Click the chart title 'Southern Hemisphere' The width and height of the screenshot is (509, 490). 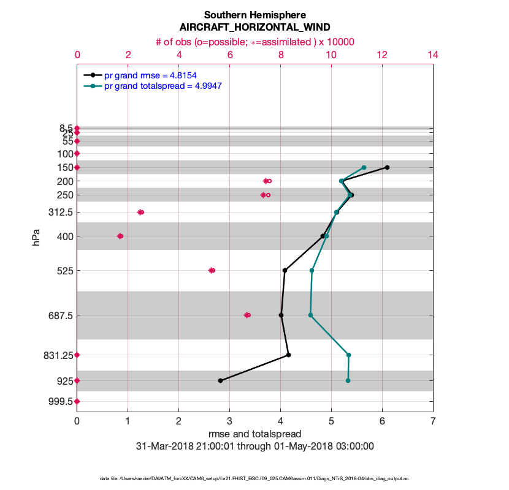255,15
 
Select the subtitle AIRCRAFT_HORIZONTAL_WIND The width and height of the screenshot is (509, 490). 255,28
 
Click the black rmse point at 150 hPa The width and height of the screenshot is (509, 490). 387,167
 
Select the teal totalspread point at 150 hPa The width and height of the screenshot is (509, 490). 364,167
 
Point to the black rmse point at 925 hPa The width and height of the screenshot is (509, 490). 220,380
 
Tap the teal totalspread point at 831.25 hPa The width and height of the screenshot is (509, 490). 348,355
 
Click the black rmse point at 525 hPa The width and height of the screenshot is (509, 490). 285,270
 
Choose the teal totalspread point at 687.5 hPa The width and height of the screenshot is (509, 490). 310,315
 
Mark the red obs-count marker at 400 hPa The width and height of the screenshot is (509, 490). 120,236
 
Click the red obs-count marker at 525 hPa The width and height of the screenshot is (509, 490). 212,270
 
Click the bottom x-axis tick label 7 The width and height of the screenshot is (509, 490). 433,421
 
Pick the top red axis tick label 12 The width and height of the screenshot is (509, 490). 382,55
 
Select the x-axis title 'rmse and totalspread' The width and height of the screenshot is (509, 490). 255,434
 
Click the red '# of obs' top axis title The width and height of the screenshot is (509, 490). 255,42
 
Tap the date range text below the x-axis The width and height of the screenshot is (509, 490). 255,447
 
